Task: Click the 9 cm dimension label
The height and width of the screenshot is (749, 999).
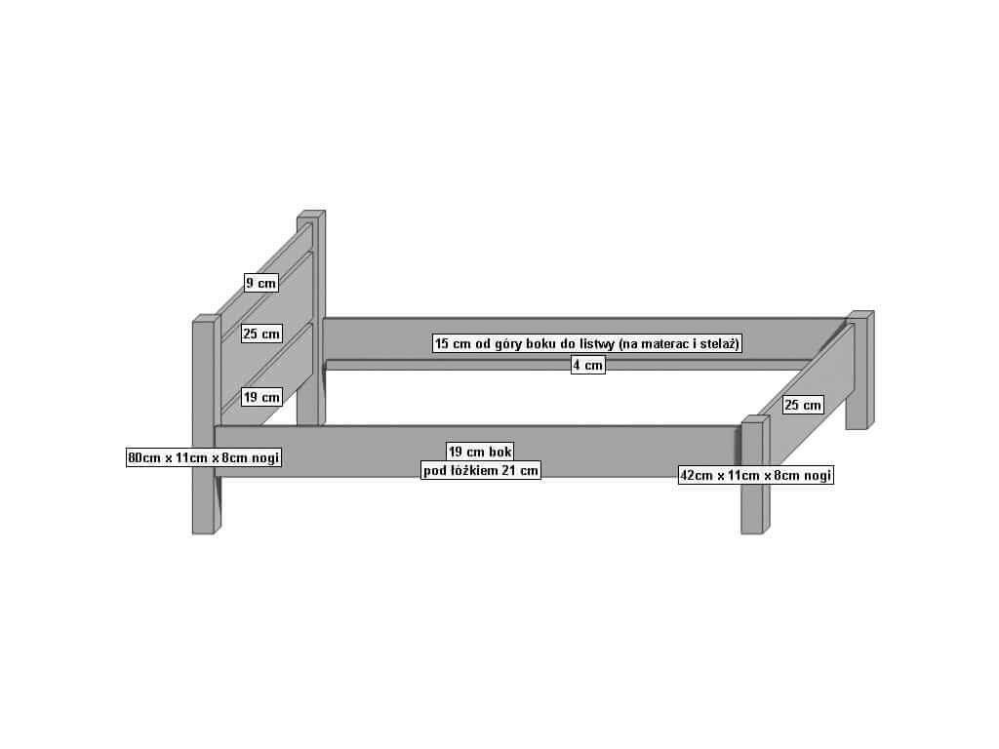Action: [x=261, y=283]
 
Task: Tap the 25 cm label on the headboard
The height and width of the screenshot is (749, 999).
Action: [x=261, y=334]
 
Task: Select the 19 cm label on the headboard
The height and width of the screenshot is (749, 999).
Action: [x=261, y=398]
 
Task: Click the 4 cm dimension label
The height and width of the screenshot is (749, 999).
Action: [x=587, y=365]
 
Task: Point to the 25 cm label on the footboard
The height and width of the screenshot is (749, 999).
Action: [x=803, y=405]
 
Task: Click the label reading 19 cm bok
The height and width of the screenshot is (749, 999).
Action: [x=480, y=452]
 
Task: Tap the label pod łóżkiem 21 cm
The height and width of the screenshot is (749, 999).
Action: [x=481, y=471]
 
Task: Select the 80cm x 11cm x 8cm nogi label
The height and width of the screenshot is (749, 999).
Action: [x=204, y=457]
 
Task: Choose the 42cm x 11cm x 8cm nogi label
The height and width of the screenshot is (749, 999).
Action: [x=756, y=475]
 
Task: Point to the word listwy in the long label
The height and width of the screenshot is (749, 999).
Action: [x=595, y=344]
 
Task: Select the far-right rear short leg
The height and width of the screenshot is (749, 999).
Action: [x=860, y=370]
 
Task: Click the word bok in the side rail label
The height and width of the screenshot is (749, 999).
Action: [x=500, y=452]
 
